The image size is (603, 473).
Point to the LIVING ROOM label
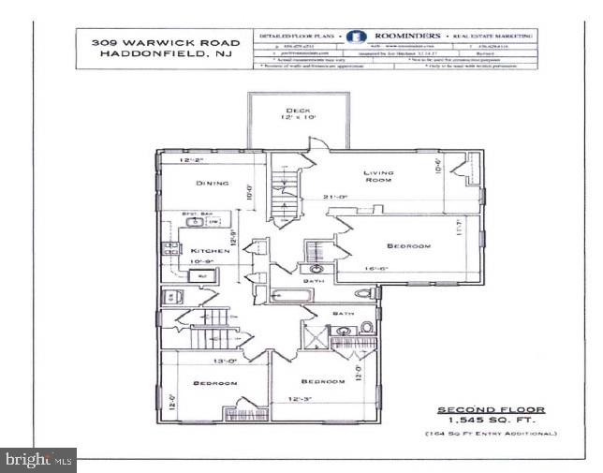point(378,177)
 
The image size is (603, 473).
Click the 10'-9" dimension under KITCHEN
point(205,263)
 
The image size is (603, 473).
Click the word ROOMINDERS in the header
point(408,37)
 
